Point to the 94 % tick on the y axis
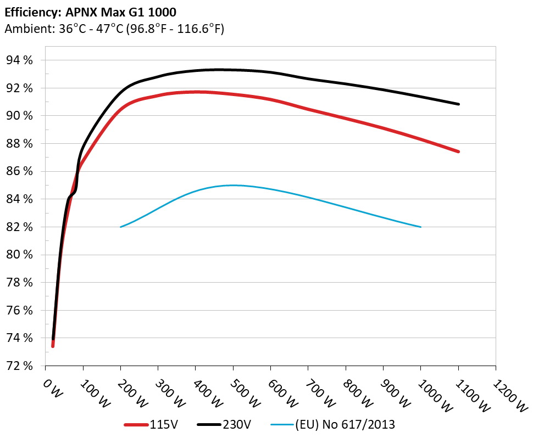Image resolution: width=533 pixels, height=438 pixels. coord(19,60)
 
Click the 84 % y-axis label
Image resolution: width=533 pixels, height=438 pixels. coord(19,199)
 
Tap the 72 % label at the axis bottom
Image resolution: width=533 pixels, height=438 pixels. coord(19,366)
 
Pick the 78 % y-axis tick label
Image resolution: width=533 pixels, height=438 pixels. coord(19,283)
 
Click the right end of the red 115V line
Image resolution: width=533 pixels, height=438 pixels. coord(458,151)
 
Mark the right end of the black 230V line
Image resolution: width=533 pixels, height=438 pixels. coord(458,104)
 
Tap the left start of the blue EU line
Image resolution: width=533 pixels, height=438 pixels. coord(121,227)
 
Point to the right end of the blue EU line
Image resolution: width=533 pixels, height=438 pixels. coord(420,227)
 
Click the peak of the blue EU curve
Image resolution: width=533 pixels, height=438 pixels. coord(233,186)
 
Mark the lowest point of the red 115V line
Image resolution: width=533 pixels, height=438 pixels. coord(53,346)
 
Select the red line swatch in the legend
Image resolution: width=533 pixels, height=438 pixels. coord(136,424)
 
